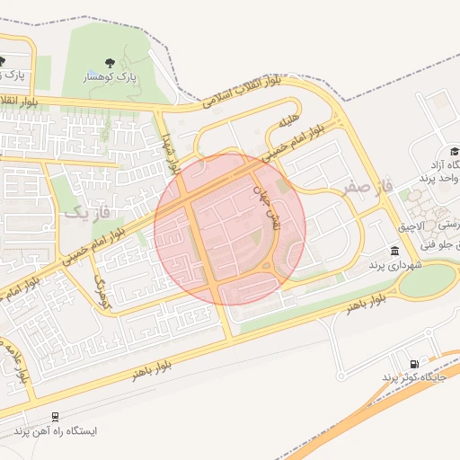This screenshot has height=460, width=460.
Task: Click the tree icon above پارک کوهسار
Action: coord(110,63)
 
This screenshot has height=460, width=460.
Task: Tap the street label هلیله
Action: coord(287,120)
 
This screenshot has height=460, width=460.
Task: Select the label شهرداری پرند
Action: coord(391,265)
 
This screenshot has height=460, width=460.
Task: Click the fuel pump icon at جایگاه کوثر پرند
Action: coord(412,363)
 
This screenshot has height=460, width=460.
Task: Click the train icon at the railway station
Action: coord(56,417)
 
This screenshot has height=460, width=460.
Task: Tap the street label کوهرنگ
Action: coord(101,287)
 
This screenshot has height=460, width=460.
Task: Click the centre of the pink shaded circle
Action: coord(230,229)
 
